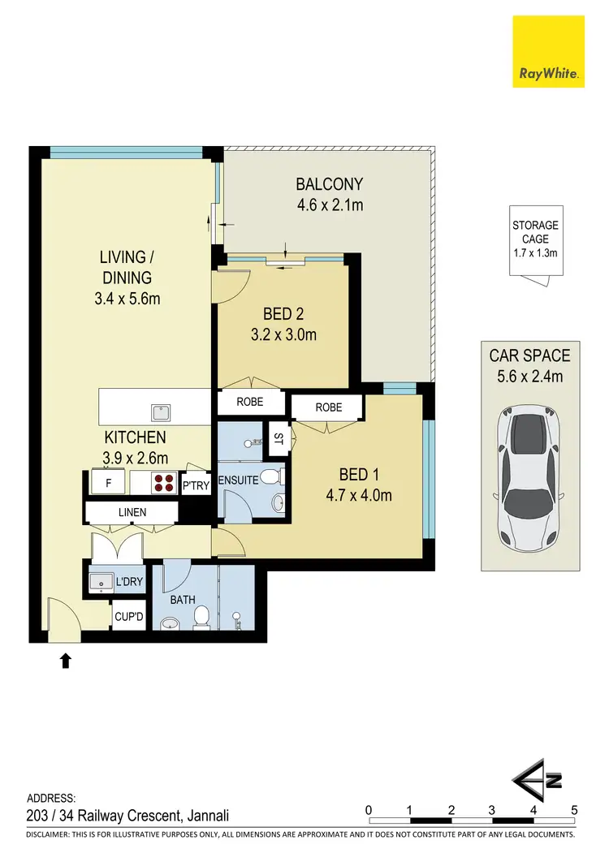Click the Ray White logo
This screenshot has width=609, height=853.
[x=549, y=52]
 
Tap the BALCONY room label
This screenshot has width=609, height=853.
[x=329, y=183]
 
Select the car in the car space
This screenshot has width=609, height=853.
[x=528, y=479]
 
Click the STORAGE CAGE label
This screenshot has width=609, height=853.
[x=535, y=239]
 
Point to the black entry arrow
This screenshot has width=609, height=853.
[x=66, y=661]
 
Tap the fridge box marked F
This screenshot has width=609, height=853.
[x=108, y=483]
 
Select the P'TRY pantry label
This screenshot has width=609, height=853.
[x=196, y=485]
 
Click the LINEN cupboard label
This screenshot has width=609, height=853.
[x=132, y=512]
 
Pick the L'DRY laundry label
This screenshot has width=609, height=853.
[x=129, y=582]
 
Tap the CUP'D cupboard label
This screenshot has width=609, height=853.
[x=128, y=617]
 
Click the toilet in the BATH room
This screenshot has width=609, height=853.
[x=202, y=618]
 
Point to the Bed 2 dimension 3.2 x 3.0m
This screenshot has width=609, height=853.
[x=283, y=334]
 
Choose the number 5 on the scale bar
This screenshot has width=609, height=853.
[x=574, y=809]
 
